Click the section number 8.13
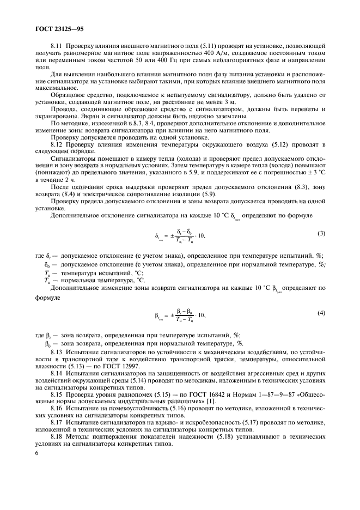pos(57,353)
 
